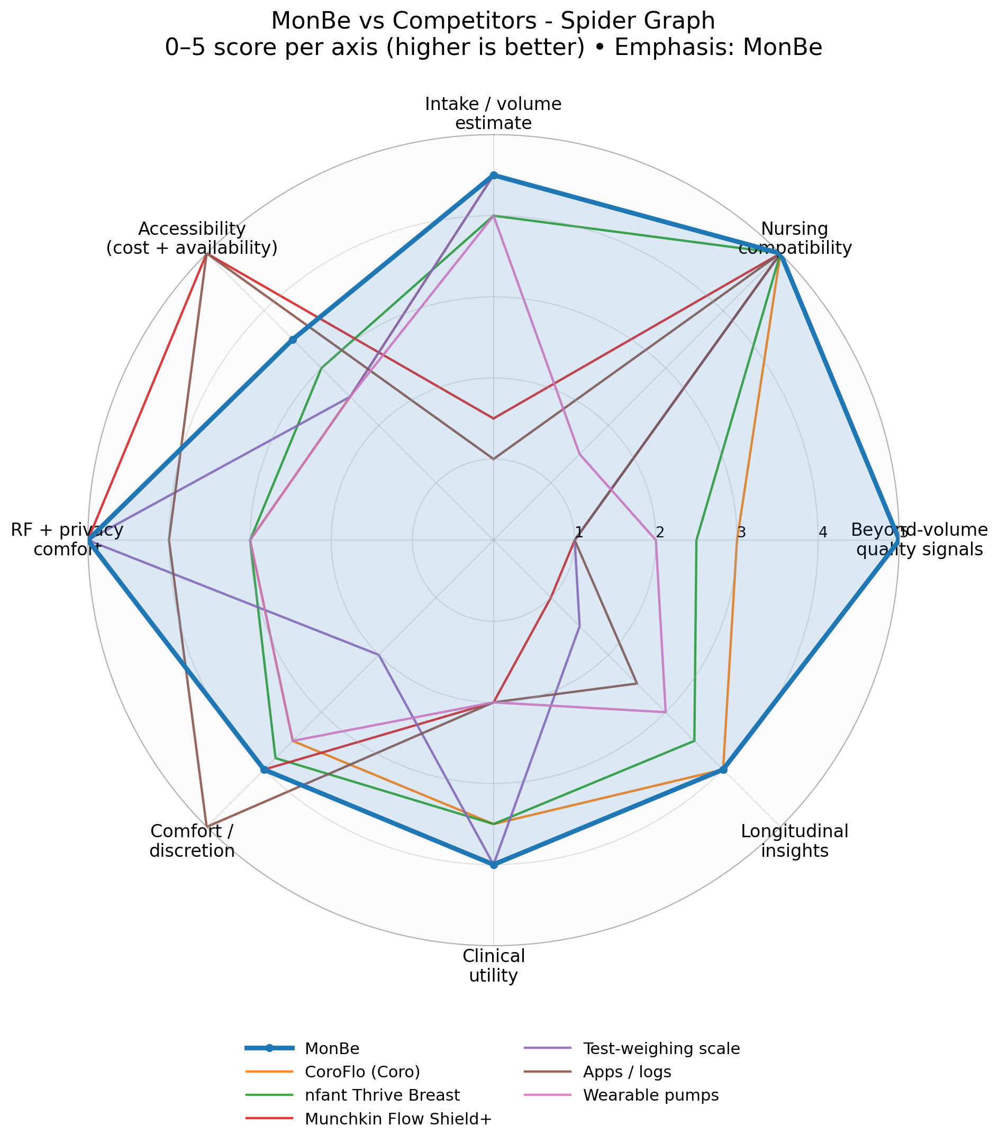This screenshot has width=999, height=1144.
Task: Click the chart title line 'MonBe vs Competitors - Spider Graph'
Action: [x=493, y=21]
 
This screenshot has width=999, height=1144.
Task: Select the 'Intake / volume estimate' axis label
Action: [x=493, y=113]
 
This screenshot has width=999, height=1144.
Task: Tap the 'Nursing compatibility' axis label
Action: [x=794, y=238]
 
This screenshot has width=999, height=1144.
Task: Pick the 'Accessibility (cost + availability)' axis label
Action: [x=192, y=238]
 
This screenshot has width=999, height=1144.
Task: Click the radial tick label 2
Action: [x=660, y=533]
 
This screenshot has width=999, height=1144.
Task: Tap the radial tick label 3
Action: [x=741, y=533]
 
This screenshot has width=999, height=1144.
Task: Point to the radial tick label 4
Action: [x=822, y=533]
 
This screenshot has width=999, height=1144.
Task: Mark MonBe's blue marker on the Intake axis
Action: [x=493, y=176]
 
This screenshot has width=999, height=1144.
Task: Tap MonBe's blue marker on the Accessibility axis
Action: [x=293, y=340]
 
